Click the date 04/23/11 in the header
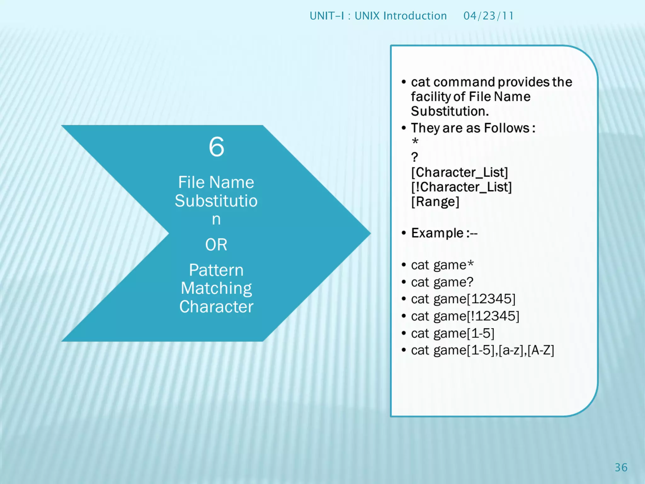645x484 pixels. click(488, 16)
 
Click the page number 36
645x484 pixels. click(621, 467)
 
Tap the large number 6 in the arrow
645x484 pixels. click(216, 147)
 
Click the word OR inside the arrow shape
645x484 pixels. click(216, 245)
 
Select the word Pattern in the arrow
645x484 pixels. click(216, 270)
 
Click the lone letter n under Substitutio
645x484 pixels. click(216, 219)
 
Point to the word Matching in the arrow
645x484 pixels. click(216, 288)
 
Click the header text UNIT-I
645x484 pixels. click(327, 16)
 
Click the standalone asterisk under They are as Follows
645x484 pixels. click(415, 141)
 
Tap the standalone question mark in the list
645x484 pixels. click(414, 157)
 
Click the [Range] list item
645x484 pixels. click(435, 202)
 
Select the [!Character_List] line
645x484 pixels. click(461, 187)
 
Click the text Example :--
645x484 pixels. click(444, 233)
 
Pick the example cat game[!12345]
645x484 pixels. click(465, 316)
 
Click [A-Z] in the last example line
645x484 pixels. click(541, 350)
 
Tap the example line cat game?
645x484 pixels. click(442, 282)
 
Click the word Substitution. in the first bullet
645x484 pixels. click(450, 111)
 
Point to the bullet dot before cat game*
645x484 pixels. click(404, 265)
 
